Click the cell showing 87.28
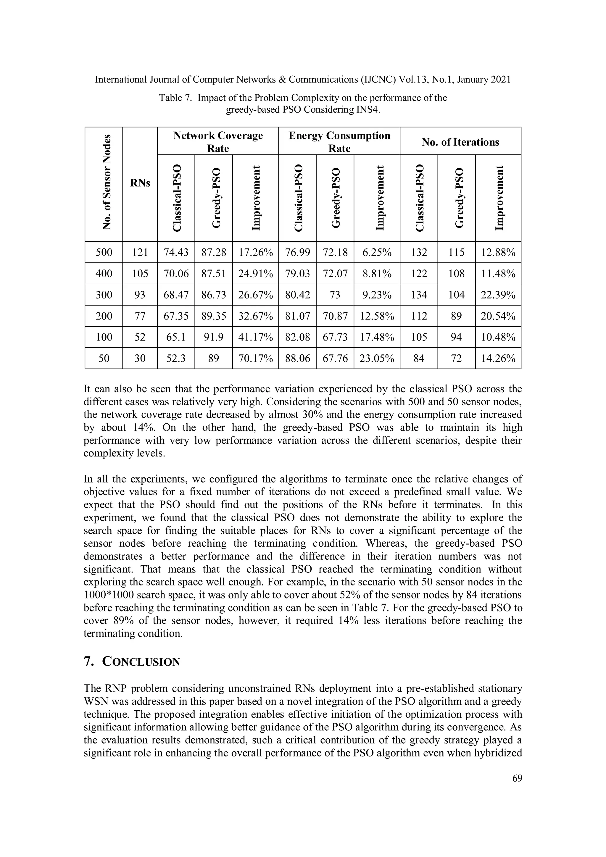[214, 252]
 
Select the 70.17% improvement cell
[255, 358]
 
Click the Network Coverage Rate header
[218, 141]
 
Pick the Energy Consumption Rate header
[339, 141]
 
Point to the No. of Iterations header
[460, 142]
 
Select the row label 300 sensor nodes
[104, 295]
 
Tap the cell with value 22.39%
[498, 295]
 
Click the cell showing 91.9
[214, 337]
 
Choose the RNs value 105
[140, 274]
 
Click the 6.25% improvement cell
[377, 252]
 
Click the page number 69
[517, 778]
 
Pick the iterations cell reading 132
[419, 252]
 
